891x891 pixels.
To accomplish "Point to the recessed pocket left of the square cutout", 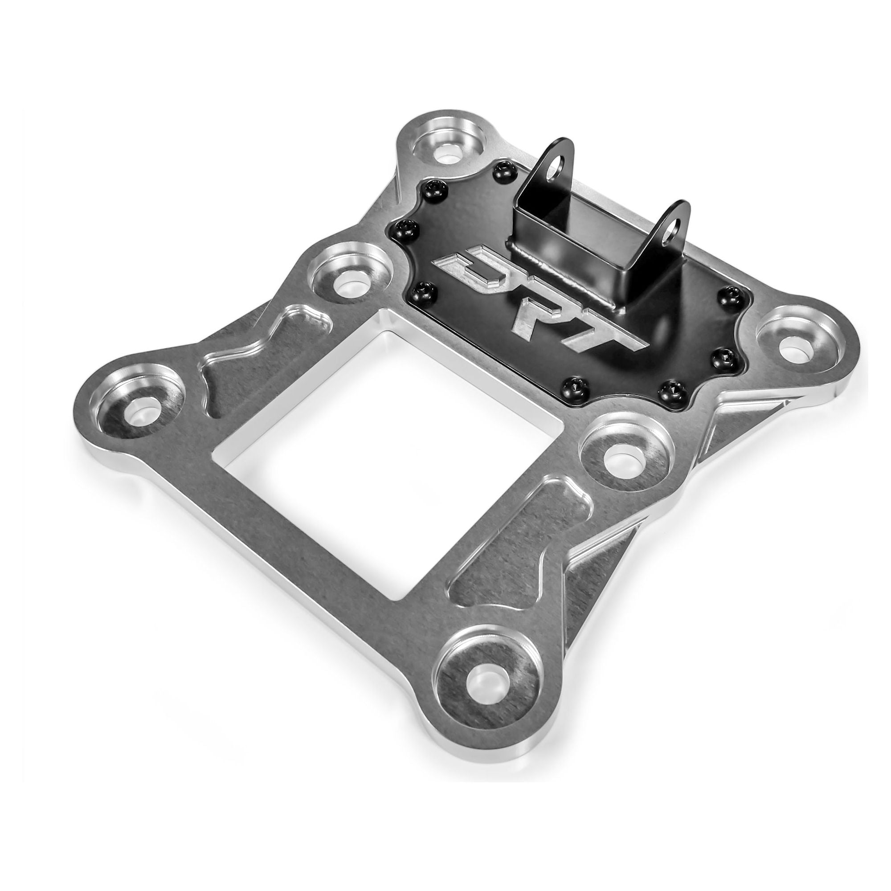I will (258, 355).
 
